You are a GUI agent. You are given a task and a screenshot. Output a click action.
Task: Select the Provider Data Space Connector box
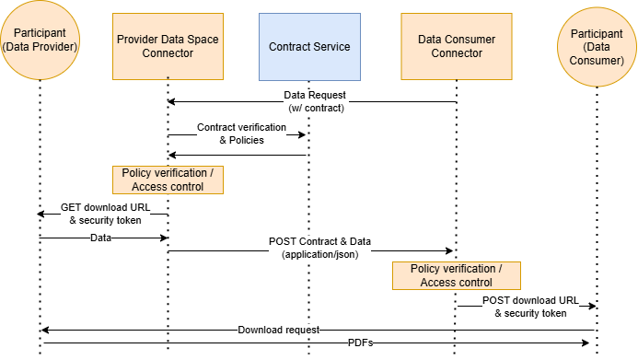[x=168, y=46]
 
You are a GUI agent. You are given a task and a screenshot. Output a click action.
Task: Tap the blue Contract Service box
[x=308, y=46]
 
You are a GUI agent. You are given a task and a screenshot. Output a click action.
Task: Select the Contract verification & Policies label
[x=229, y=134]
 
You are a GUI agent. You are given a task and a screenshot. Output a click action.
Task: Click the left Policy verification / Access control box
[x=168, y=180]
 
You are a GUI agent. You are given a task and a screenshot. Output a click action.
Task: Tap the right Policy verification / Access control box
[x=456, y=275]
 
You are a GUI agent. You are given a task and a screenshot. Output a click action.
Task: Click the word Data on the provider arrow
[x=102, y=238]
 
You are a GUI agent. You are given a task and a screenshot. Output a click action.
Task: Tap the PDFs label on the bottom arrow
[x=360, y=343]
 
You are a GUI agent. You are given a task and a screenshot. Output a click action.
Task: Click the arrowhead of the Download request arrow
[x=44, y=330]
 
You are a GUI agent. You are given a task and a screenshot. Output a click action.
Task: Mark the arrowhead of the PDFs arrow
[x=585, y=343]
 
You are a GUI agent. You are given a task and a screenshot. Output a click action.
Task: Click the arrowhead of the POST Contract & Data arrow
[x=450, y=250]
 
